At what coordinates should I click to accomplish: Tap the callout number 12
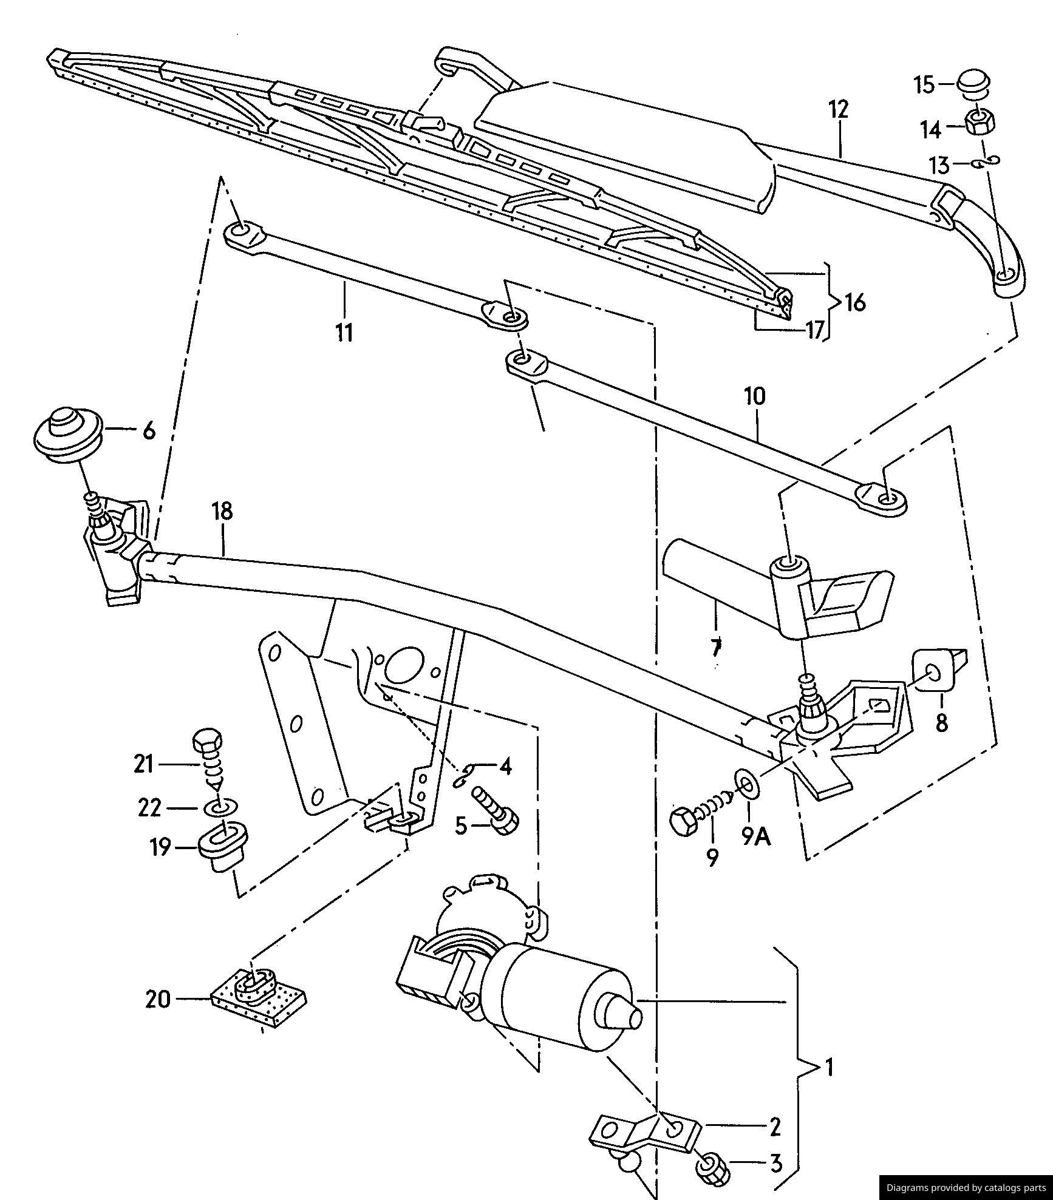[x=838, y=109]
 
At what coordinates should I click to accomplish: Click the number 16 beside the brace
[x=854, y=301]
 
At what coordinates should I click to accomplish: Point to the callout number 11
[x=344, y=332]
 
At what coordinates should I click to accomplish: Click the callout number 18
[x=223, y=510]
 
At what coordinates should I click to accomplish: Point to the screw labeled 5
[x=496, y=809]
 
